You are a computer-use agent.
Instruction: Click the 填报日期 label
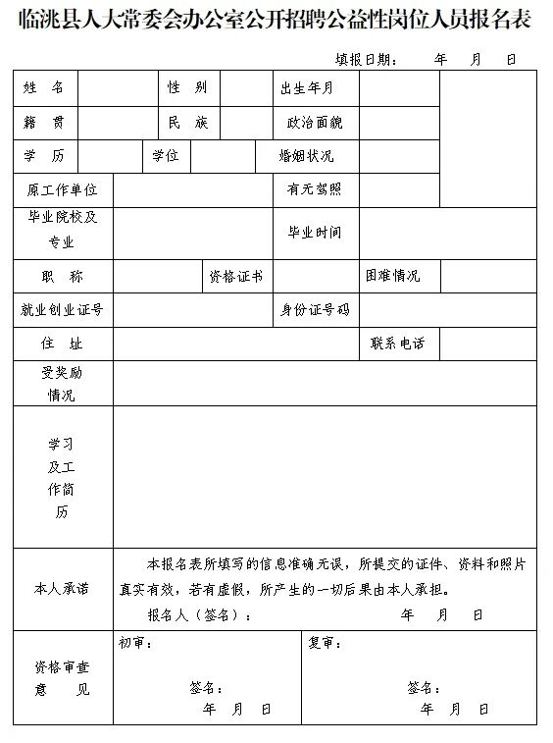click(x=366, y=59)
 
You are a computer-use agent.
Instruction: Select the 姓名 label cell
click(x=44, y=87)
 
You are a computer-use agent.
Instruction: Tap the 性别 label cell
click(x=186, y=87)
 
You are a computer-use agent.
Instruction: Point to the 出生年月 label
click(x=307, y=87)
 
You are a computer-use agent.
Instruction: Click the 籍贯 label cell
click(x=44, y=123)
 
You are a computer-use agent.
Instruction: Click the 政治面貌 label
click(x=314, y=123)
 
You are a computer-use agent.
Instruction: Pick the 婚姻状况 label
click(x=306, y=156)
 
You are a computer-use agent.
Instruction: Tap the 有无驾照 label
click(x=314, y=189)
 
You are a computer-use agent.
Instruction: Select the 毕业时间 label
click(x=314, y=233)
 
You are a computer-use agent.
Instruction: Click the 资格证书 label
click(x=235, y=276)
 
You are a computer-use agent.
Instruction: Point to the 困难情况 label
click(x=392, y=276)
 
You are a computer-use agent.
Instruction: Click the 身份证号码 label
click(x=315, y=309)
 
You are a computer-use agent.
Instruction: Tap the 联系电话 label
click(x=397, y=344)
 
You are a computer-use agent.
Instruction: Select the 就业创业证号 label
click(x=62, y=309)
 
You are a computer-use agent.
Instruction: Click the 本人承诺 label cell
click(x=62, y=589)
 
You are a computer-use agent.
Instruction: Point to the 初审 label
click(x=134, y=643)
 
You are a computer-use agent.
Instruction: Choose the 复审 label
click(x=325, y=643)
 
